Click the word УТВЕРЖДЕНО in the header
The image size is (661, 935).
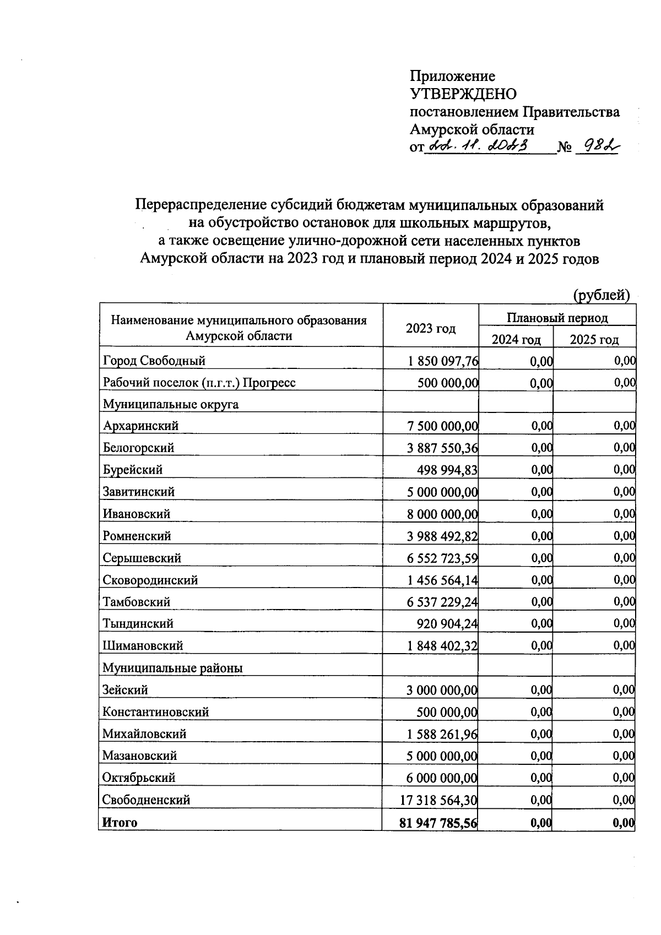click(463, 94)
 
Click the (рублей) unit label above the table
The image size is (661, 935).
click(601, 295)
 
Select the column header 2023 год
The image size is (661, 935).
click(431, 329)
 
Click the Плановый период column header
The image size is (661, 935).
click(557, 318)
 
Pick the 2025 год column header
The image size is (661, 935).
click(594, 339)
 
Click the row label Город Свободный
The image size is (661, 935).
click(154, 361)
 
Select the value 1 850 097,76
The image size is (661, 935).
click(443, 361)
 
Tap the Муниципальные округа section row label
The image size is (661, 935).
click(171, 404)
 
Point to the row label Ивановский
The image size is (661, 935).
click(137, 514)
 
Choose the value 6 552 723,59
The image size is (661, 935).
click(442, 558)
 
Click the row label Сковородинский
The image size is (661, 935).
click(150, 580)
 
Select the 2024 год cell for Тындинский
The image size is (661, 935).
click(541, 623)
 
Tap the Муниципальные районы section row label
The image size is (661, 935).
click(172, 668)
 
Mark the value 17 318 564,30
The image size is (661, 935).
click(439, 800)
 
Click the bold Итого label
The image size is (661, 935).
click(120, 822)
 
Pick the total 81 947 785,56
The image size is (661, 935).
click(438, 823)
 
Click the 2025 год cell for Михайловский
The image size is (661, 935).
click(624, 733)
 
